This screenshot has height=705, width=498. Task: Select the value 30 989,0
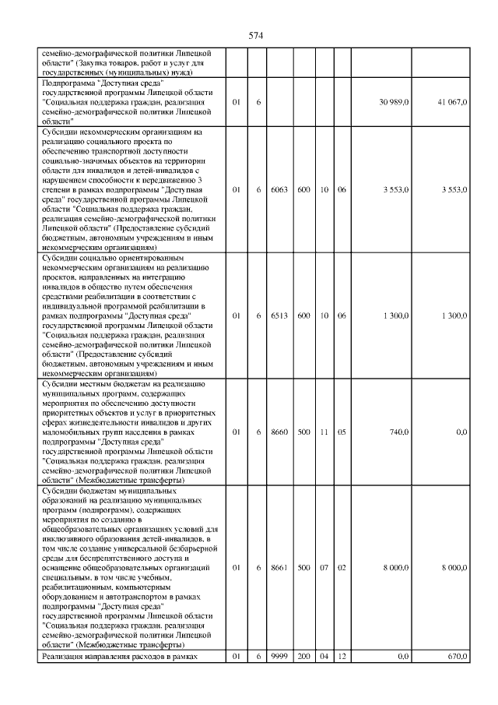pyautogui.click(x=395, y=102)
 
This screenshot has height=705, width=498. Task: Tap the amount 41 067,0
pyautogui.click(x=452, y=102)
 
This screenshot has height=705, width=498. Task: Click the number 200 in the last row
pyautogui.click(x=303, y=657)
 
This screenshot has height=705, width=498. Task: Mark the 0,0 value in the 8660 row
pyautogui.click(x=461, y=432)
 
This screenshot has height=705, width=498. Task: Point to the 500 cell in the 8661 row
pyautogui.click(x=303, y=568)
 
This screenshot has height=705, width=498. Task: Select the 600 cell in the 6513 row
pyautogui.click(x=303, y=315)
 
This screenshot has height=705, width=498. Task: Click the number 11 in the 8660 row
pyautogui.click(x=324, y=432)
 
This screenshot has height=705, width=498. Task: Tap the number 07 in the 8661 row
pyautogui.click(x=324, y=568)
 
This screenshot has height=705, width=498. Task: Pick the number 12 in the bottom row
pyautogui.click(x=342, y=657)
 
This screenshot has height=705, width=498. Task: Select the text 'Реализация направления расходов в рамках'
pyautogui.click(x=118, y=657)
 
